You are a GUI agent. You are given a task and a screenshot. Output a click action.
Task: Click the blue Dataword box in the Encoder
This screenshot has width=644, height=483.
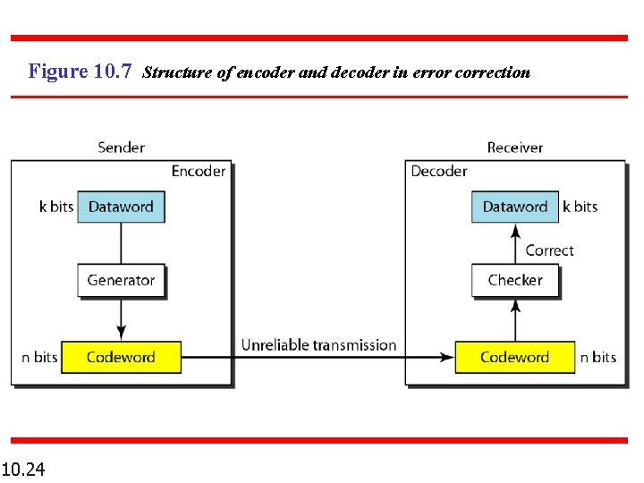[121, 207]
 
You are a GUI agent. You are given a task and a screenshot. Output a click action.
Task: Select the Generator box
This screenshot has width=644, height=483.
[121, 280]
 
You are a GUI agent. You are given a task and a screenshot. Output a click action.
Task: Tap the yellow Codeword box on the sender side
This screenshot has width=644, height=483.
[121, 357]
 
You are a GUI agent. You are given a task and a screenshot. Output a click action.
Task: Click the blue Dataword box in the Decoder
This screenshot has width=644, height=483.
[514, 207]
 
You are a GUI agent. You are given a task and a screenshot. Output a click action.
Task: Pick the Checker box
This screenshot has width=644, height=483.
[515, 280]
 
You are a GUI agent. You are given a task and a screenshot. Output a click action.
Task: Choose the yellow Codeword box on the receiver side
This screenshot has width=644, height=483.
[514, 357]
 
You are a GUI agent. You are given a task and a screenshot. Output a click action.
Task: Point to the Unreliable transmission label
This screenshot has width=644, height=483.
[318, 345]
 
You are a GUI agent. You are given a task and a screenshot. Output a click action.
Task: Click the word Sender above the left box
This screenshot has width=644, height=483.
[121, 147]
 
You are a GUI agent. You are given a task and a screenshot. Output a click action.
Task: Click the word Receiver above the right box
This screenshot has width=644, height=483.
[514, 147]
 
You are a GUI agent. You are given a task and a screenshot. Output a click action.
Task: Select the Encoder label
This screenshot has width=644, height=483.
[199, 171]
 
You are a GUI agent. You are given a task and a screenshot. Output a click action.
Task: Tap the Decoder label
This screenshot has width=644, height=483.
[439, 171]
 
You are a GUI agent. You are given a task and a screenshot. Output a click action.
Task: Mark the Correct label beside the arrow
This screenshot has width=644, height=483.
[549, 250]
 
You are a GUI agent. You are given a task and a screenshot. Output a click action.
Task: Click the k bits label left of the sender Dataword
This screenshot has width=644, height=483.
[56, 207]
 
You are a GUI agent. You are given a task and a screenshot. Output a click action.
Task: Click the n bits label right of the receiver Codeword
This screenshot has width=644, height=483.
[598, 357]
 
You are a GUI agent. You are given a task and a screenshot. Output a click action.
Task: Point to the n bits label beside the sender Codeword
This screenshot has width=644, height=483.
[39, 357]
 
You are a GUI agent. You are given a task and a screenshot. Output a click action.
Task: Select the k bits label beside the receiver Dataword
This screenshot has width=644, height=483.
[580, 207]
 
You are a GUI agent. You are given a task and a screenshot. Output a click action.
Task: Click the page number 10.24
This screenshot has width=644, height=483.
[24, 469]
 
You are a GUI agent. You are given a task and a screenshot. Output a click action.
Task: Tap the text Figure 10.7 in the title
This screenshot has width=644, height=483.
[81, 71]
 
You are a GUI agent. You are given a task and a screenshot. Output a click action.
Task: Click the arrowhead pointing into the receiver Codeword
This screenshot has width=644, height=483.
[447, 357]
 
